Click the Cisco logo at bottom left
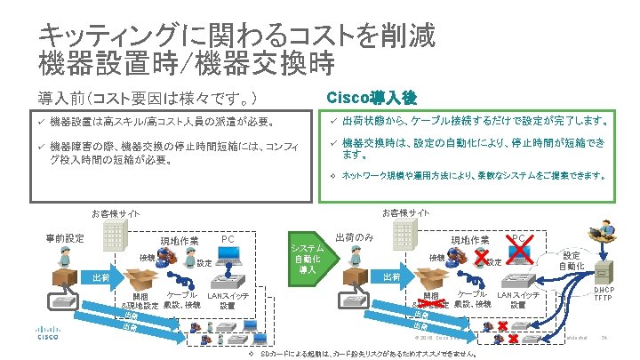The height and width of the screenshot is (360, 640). [x=46, y=336]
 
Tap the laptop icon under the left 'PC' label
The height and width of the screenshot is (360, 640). [x=230, y=267]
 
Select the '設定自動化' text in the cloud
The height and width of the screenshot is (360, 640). [x=571, y=260]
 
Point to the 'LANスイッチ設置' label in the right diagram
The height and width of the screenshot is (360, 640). [x=518, y=300]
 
